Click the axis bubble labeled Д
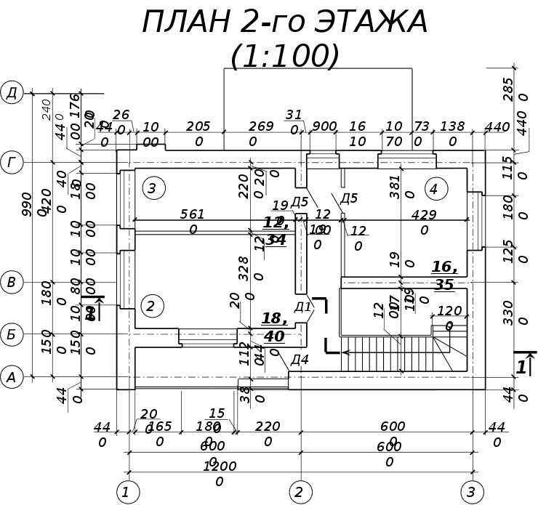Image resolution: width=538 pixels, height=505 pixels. click(x=12, y=92)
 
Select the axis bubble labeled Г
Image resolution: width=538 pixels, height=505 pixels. click(x=12, y=163)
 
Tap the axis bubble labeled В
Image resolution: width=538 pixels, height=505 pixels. click(x=12, y=282)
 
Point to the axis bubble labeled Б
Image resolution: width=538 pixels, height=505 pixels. click(x=12, y=334)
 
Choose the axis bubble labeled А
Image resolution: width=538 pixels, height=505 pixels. click(x=12, y=376)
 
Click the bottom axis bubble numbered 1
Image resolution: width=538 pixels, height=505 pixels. click(x=127, y=492)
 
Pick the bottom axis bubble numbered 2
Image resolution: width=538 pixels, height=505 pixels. click(x=300, y=492)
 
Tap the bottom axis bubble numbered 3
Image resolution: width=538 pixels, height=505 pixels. click(x=471, y=492)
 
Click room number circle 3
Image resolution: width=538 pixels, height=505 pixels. click(x=153, y=188)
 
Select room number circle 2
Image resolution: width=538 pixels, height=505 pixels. click(x=150, y=306)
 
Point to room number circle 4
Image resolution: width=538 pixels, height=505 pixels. click(x=435, y=189)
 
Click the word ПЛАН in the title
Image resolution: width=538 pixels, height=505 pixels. click(x=185, y=23)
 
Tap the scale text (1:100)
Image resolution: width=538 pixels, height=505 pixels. click(x=285, y=57)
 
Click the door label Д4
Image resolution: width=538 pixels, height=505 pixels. click(x=299, y=359)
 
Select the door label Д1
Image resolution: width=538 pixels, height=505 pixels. click(x=302, y=307)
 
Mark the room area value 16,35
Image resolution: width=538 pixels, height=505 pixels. click(x=443, y=275)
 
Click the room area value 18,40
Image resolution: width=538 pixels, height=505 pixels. click(x=273, y=327)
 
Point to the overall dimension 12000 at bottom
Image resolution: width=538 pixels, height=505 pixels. click(x=219, y=473)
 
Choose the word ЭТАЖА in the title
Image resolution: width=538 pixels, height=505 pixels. click(x=370, y=23)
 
